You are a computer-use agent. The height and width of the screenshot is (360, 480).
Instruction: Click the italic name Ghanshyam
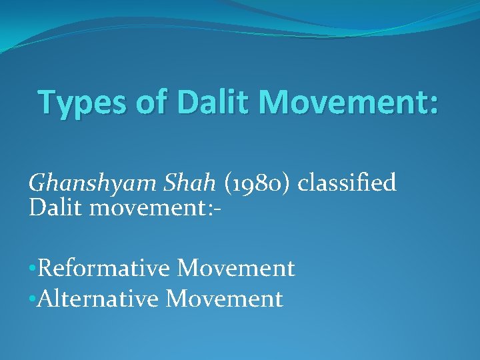pos(86,183)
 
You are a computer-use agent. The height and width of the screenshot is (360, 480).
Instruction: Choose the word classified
pos(347,182)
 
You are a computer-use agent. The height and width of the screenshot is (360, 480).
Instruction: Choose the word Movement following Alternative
pos(224,299)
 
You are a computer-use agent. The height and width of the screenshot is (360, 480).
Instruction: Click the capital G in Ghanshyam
pos(36,182)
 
